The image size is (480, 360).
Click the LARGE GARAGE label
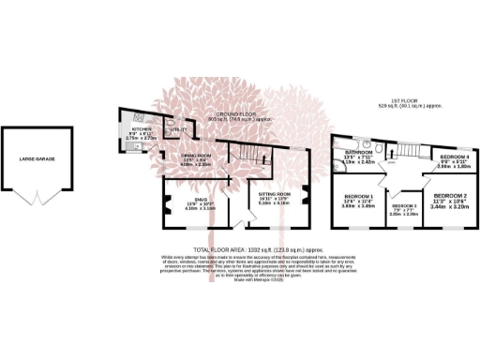tap(37, 159)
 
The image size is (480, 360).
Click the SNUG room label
tap(187, 200)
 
